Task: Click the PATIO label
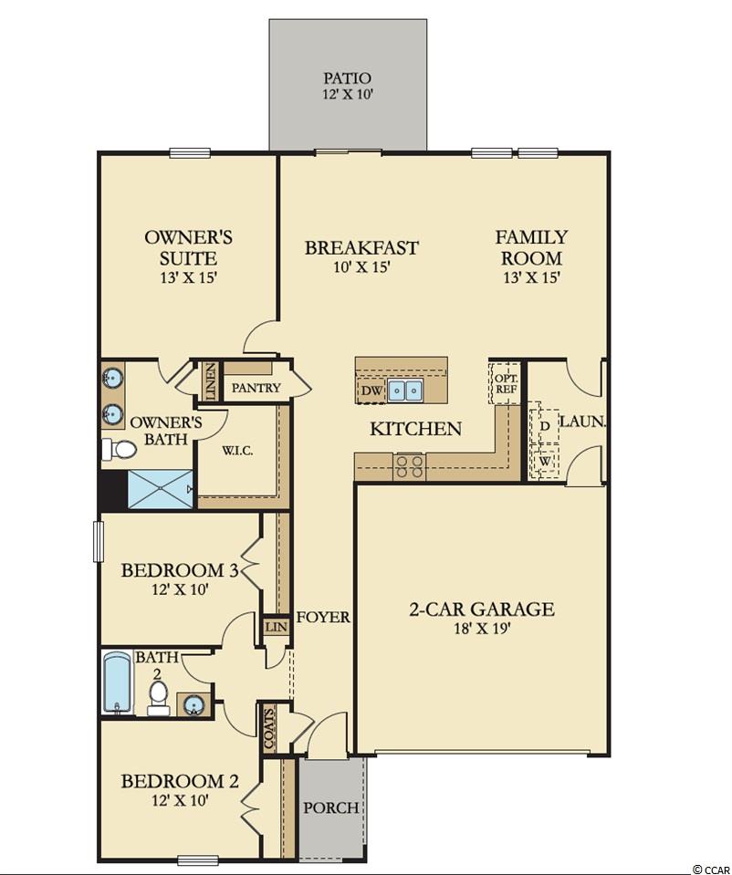point(347,78)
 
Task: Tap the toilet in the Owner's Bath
point(119,449)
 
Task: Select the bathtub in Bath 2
point(117,682)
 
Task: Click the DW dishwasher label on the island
point(371,391)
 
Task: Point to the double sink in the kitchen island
point(406,391)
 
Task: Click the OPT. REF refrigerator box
point(506,383)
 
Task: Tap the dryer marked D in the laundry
point(544,426)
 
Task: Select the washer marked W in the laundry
point(544,462)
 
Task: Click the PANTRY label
point(256,387)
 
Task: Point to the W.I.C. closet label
point(238,451)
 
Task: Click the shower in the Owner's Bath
point(162,489)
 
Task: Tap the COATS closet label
point(269,728)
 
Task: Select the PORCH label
point(331,807)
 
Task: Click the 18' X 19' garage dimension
point(484,629)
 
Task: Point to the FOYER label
point(323,617)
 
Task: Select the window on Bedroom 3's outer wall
point(99,541)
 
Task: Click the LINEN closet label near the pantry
point(211,381)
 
